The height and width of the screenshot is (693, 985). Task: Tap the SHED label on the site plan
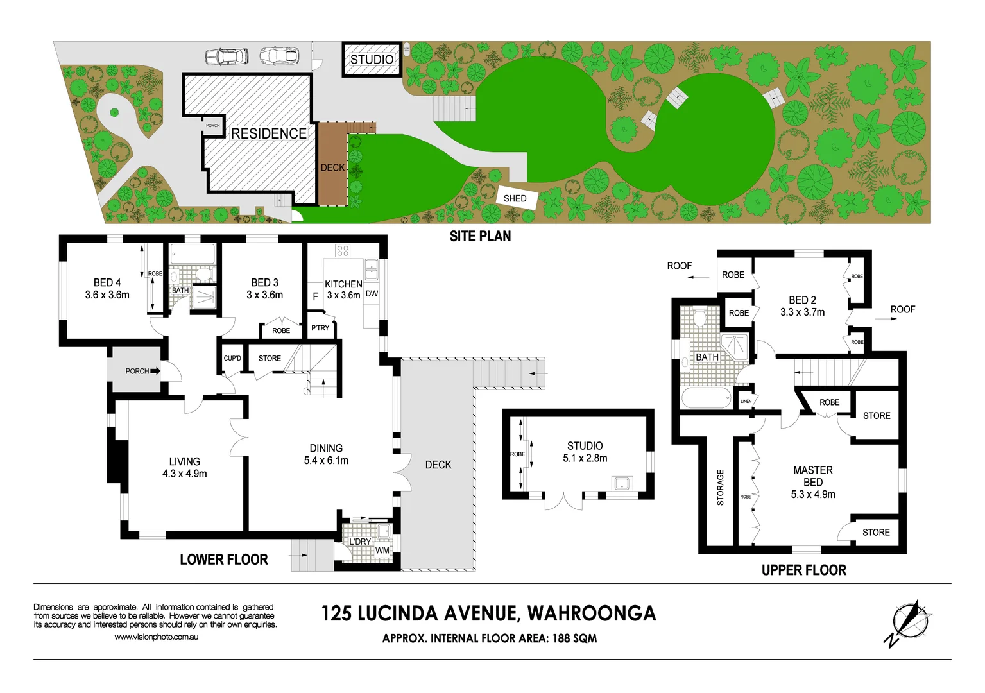(515, 198)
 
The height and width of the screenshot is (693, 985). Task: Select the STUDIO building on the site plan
(372, 60)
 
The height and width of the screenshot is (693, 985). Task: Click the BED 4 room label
(107, 283)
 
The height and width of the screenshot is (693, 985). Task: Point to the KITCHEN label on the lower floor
(343, 284)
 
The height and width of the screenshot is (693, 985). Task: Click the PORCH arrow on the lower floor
(155, 371)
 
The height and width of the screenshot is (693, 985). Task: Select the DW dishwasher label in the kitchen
(372, 294)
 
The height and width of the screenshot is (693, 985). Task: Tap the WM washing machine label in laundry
(382, 551)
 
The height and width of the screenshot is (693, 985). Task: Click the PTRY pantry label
(320, 328)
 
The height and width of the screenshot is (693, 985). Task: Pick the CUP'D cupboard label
(232, 358)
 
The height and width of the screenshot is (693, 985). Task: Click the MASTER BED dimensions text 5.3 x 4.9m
(813, 495)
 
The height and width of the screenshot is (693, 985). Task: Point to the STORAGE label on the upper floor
(720, 488)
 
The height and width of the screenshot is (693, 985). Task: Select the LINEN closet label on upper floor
(746, 401)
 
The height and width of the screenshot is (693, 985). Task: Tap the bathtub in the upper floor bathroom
(706, 398)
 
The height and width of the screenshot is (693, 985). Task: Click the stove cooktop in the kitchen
(343, 251)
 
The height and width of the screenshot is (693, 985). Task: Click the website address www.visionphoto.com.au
(157, 637)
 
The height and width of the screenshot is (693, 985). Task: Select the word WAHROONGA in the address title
(592, 613)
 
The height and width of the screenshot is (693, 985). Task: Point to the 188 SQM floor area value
(574, 638)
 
